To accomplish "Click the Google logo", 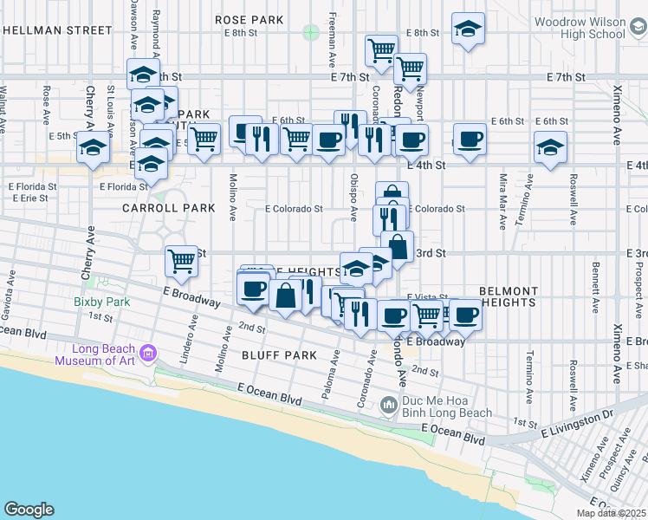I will click(29, 510).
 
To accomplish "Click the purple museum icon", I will click(148, 354).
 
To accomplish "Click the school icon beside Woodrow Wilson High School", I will click(468, 29).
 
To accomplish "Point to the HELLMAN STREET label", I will click(58, 29).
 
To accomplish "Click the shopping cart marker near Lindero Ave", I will click(182, 260).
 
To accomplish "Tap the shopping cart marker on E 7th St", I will click(410, 67).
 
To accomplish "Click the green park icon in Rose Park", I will click(311, 33).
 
